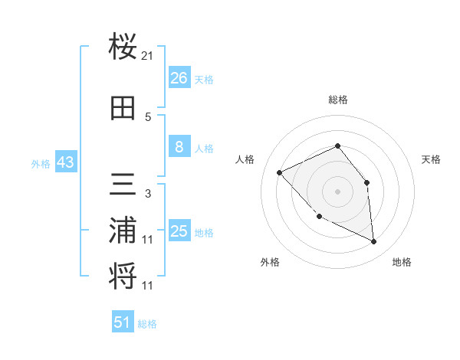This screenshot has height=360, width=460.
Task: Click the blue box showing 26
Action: (x=179, y=78)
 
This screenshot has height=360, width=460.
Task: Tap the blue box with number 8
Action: (x=179, y=147)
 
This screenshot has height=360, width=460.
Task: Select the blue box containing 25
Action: (x=179, y=231)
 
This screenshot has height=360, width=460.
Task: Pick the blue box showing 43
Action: (x=64, y=162)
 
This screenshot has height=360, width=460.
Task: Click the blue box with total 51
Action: (x=123, y=322)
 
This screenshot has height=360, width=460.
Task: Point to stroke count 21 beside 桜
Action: (x=148, y=56)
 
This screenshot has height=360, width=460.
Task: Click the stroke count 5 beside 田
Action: (x=148, y=117)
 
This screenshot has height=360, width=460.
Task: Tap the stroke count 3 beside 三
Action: (x=148, y=194)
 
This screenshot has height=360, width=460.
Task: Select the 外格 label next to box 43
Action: (x=41, y=163)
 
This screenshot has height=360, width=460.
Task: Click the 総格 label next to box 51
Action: (x=147, y=324)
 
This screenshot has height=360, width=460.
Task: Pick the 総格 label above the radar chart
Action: (x=337, y=100)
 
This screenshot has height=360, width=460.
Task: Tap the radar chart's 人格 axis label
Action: (x=245, y=159)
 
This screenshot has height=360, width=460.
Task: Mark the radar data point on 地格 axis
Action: (x=374, y=242)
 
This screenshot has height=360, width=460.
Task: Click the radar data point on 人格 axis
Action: (x=280, y=173)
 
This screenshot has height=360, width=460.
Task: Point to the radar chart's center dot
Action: (x=337, y=191)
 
